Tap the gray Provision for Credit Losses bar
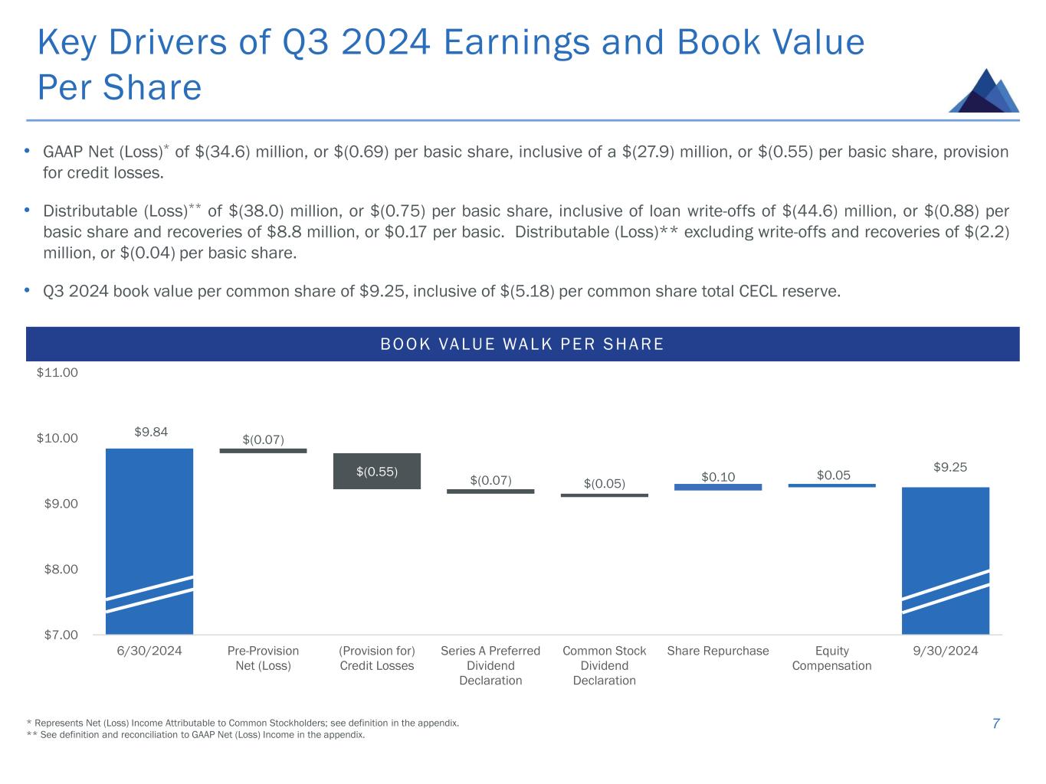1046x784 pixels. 376,471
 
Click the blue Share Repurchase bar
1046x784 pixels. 718,487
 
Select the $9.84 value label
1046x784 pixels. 151,432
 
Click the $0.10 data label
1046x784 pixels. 718,477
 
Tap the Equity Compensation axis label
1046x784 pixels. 831,658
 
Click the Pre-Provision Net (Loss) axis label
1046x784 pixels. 263,658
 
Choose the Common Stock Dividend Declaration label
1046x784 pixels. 604,665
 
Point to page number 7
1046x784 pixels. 995,724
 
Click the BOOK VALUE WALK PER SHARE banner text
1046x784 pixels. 523,345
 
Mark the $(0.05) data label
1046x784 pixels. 604,484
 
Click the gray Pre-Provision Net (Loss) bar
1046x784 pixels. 263,451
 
